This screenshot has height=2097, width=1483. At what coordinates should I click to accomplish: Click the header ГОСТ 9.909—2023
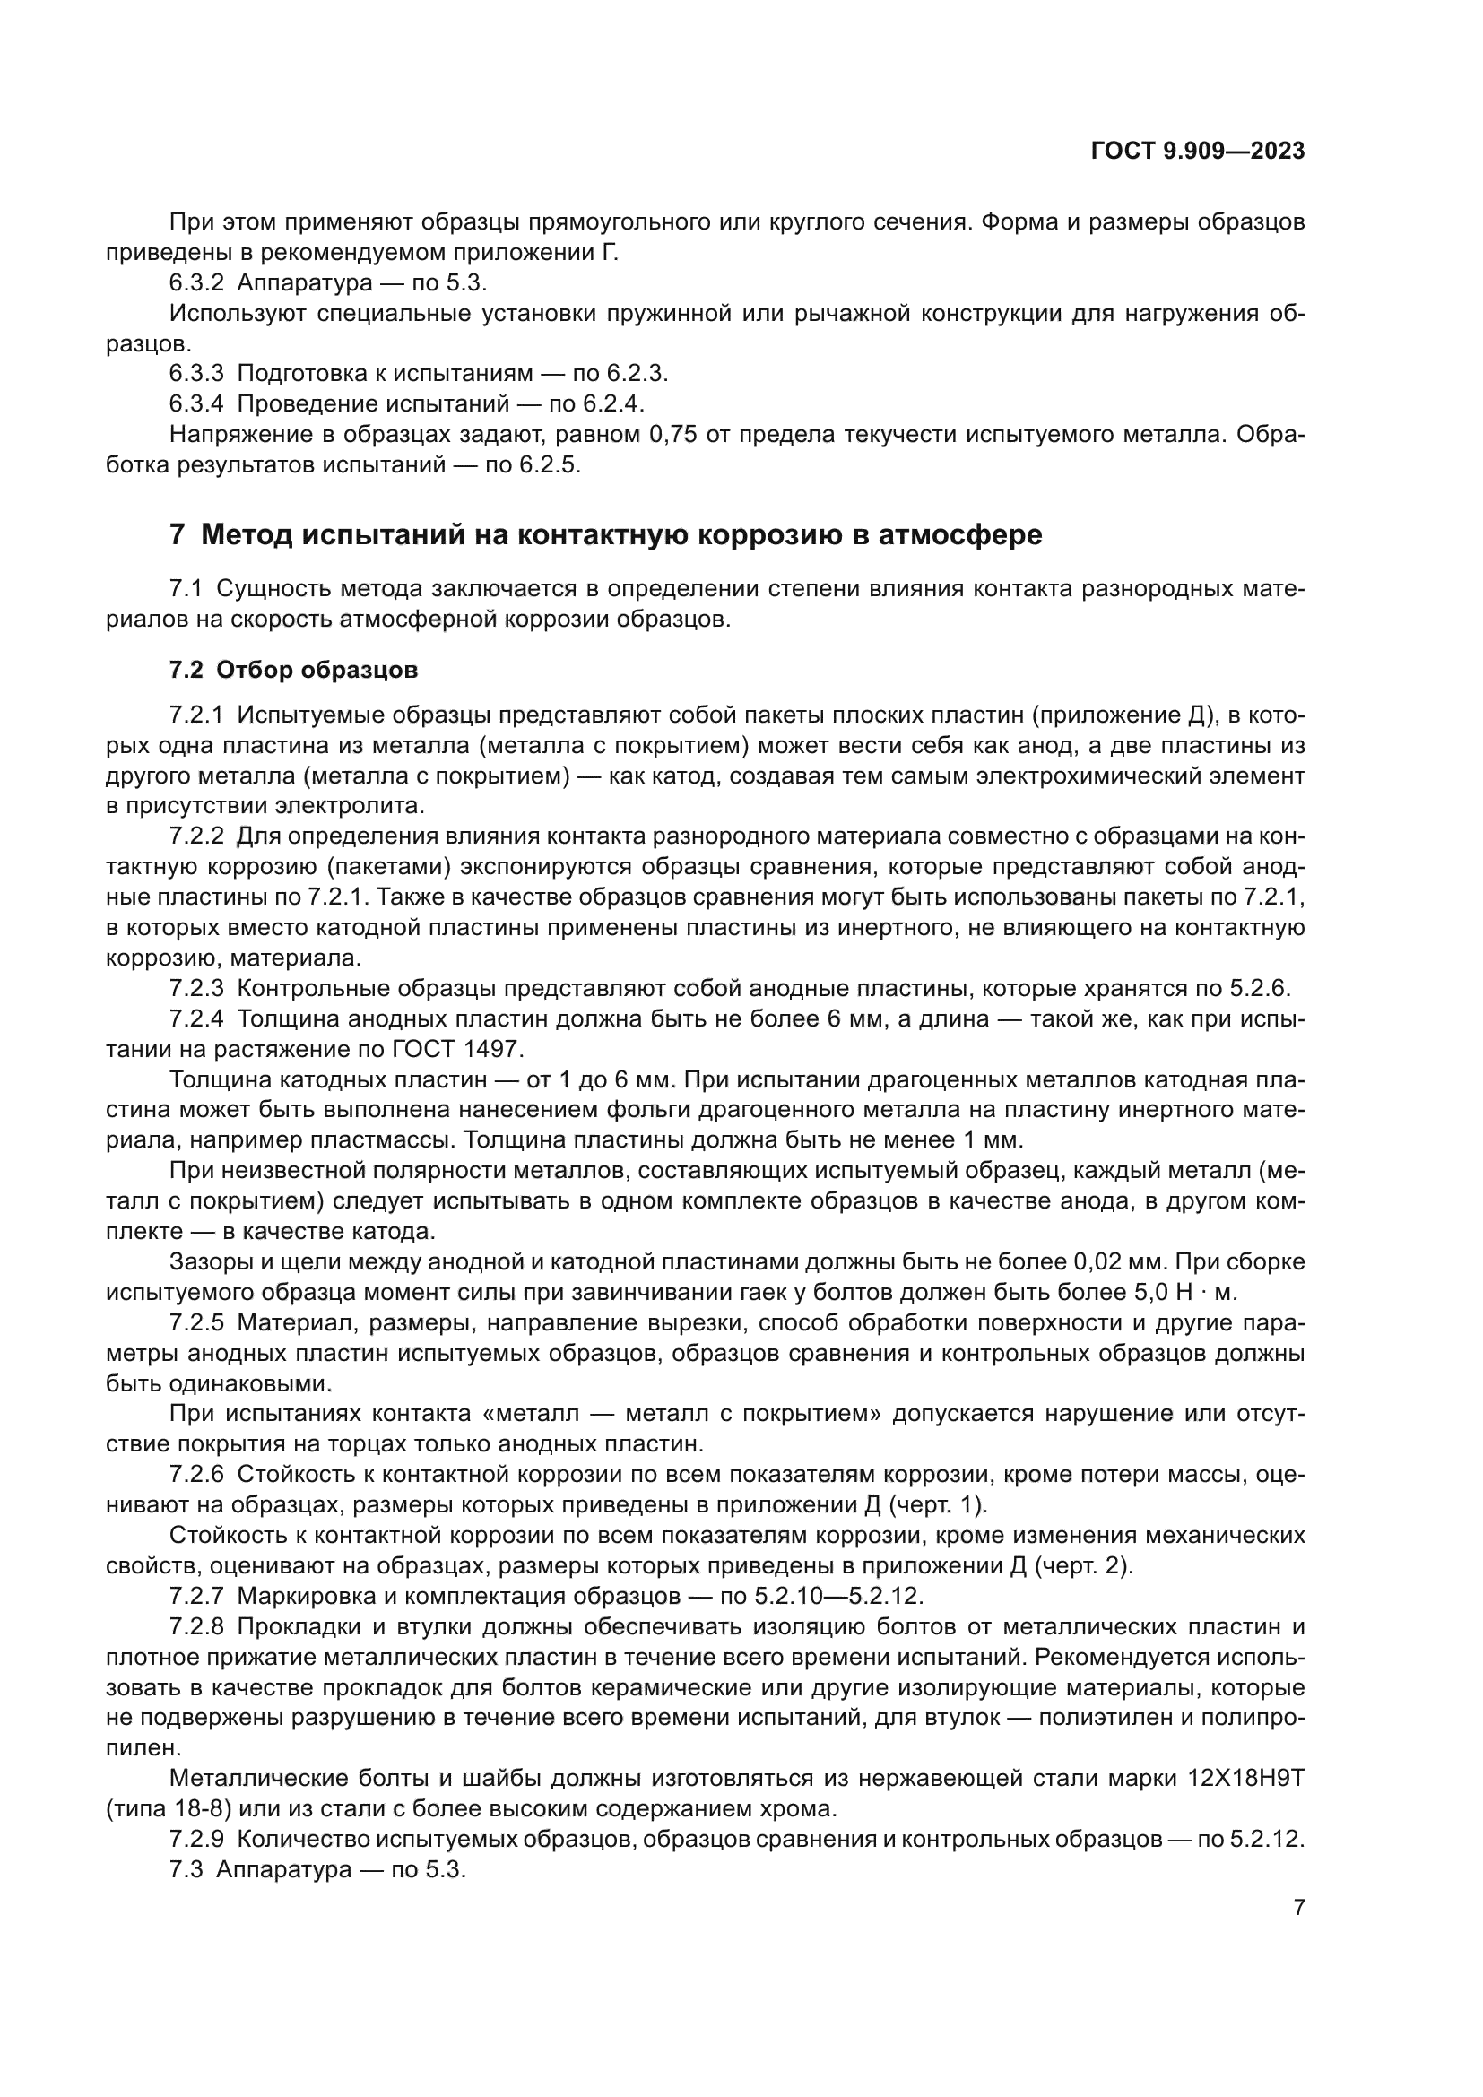[1197, 152]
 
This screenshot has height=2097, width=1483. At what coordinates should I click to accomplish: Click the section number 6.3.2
[196, 283]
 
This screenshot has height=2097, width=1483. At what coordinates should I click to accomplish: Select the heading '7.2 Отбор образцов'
[293, 670]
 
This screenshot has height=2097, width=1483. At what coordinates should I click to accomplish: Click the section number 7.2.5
[196, 1322]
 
